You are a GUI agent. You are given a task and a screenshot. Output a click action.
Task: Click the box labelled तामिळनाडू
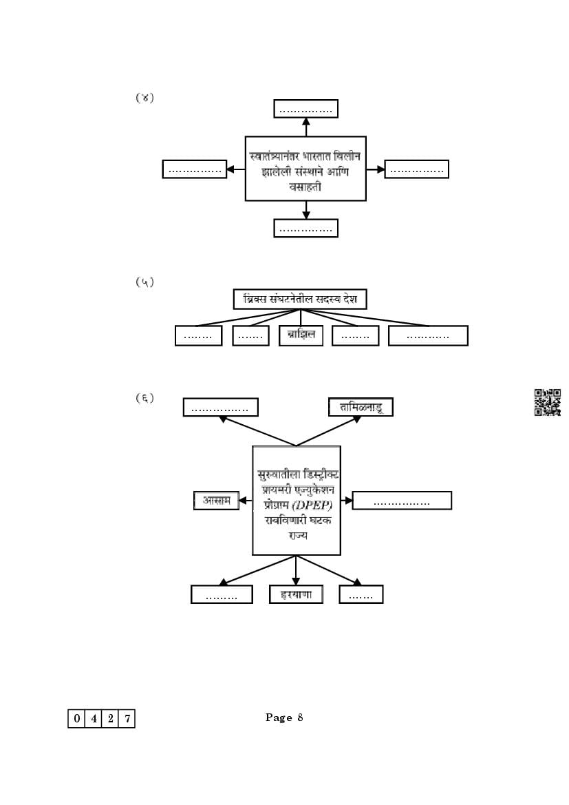[361, 407]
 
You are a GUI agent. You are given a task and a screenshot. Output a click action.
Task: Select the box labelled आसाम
[217, 501]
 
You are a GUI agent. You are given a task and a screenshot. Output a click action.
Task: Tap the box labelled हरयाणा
[296, 594]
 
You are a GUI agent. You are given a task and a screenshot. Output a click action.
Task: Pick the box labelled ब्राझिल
[301, 335]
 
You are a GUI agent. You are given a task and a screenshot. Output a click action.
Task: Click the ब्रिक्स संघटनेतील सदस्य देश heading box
[299, 300]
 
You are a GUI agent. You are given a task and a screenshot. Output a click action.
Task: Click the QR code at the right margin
[548, 402]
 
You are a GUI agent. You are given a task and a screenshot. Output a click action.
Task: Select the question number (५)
[144, 282]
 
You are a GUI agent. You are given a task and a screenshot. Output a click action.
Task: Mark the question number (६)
[144, 398]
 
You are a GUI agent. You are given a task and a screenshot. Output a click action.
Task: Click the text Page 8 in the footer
[284, 718]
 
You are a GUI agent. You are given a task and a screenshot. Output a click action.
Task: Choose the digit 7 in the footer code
[127, 719]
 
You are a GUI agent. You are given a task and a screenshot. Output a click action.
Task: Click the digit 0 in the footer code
[76, 719]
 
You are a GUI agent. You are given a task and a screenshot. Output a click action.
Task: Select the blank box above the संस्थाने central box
[306, 109]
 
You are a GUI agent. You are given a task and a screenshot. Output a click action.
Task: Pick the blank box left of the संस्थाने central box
[195, 169]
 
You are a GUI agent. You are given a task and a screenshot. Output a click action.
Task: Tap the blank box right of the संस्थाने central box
[416, 169]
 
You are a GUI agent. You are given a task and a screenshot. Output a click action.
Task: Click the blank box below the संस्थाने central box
[306, 228]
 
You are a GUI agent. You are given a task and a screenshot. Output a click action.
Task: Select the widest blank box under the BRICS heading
[428, 335]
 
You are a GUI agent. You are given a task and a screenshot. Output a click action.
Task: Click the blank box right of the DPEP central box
[402, 501]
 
